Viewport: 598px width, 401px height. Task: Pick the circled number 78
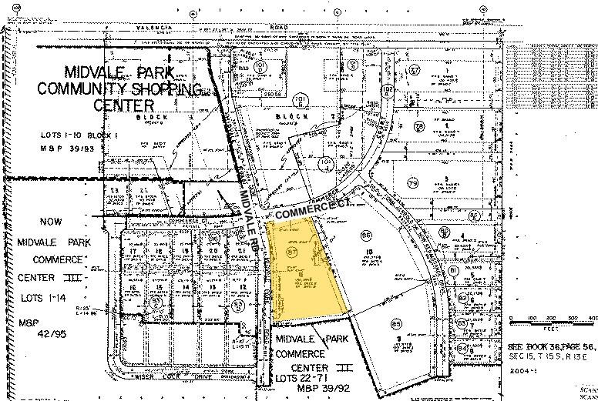(x=419, y=126)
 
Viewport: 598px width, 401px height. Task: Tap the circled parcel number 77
(x=415, y=71)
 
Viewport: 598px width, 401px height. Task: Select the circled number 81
(x=454, y=271)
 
